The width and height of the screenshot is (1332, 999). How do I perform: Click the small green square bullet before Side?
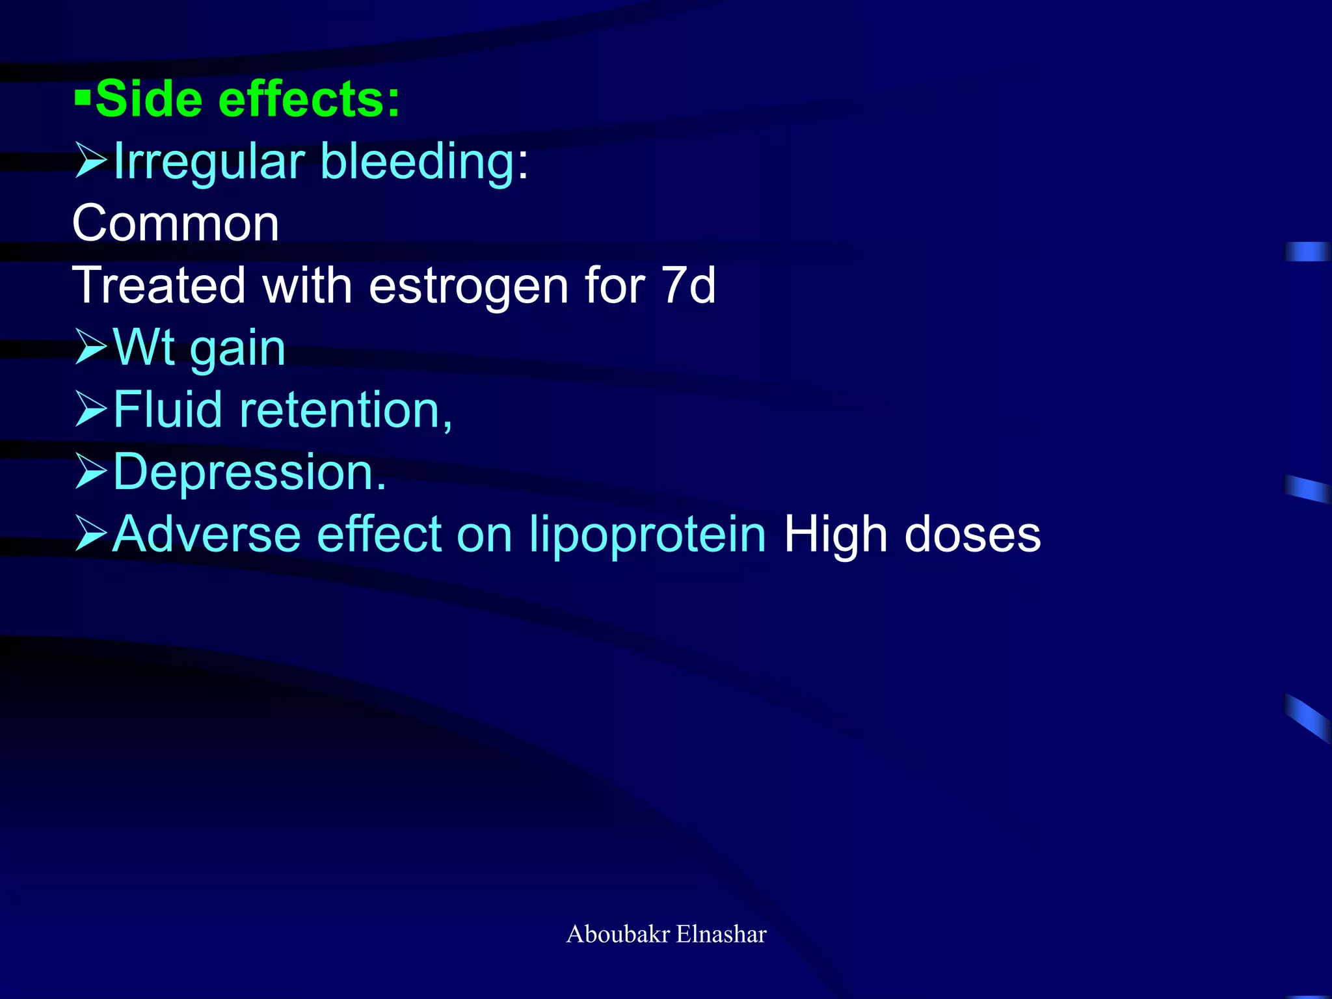83,100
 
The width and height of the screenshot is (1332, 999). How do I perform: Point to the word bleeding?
425,161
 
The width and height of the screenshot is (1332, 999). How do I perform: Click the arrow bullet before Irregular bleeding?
90,161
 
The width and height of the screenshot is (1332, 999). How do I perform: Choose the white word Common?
176,223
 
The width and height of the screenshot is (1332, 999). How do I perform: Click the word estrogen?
468,286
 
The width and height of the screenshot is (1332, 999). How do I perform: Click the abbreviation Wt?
144,347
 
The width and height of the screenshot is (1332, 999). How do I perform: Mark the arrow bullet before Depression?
90,471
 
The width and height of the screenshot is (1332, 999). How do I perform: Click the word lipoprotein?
647,535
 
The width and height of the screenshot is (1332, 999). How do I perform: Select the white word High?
835,535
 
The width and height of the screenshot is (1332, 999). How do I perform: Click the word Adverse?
207,535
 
